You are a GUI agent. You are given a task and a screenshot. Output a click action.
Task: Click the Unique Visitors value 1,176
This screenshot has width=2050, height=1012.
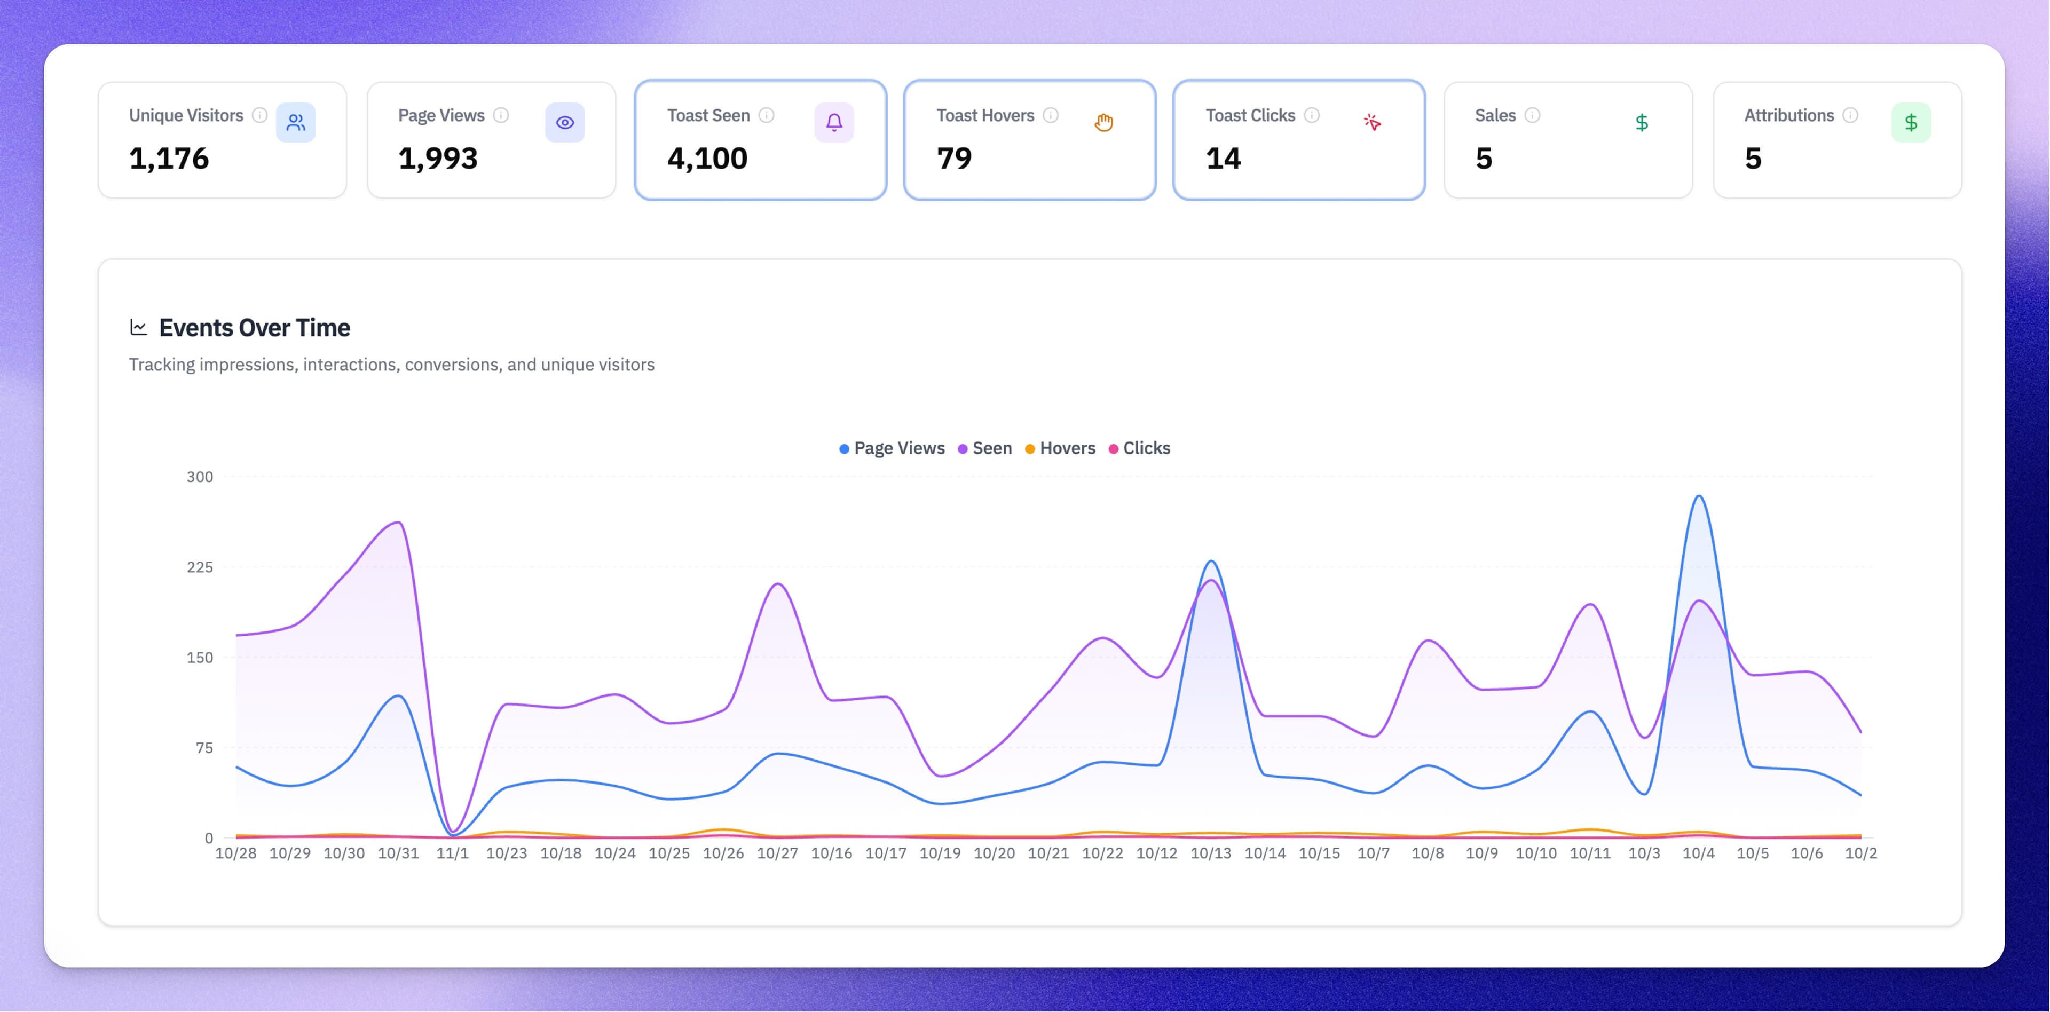(169, 159)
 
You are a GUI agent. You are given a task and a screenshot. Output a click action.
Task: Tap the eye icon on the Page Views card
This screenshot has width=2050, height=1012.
(565, 123)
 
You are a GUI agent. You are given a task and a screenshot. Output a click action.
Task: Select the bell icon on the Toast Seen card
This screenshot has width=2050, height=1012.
(834, 123)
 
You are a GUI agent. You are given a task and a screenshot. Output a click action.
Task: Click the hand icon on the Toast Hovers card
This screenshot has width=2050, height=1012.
(1103, 123)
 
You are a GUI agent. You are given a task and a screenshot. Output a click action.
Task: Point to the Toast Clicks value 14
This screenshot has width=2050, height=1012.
(1223, 159)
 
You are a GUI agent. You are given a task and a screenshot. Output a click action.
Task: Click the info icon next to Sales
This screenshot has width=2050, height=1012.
(1532, 115)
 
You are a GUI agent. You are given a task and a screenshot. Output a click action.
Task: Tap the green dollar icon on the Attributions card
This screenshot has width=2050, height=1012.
(1911, 123)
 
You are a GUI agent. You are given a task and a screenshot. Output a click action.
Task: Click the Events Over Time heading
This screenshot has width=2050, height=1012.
(254, 328)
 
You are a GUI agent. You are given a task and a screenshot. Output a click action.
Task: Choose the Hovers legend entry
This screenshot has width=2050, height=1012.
(1060, 448)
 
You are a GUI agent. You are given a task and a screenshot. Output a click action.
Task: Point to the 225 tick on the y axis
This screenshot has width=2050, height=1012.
(200, 567)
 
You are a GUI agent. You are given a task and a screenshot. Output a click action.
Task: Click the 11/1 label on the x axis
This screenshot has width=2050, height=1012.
(452, 853)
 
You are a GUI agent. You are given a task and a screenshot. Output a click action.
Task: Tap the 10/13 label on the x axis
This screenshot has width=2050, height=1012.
(1210, 853)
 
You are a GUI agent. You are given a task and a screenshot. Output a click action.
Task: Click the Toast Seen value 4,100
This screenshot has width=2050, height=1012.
(707, 159)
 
